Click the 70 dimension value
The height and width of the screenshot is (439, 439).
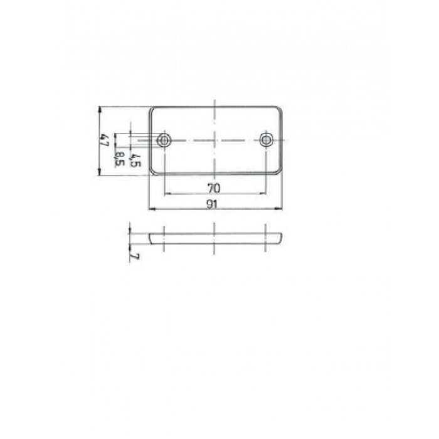tap(214, 188)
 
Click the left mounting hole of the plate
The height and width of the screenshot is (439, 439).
tap(164, 140)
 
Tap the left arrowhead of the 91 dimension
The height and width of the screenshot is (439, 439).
tap(151, 209)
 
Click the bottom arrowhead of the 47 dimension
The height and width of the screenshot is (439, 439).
tap(100, 174)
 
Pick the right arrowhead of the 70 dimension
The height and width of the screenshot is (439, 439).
tap(265, 194)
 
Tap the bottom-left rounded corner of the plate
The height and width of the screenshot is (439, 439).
tap(152, 171)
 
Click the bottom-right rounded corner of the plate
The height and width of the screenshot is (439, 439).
tap(277, 171)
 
